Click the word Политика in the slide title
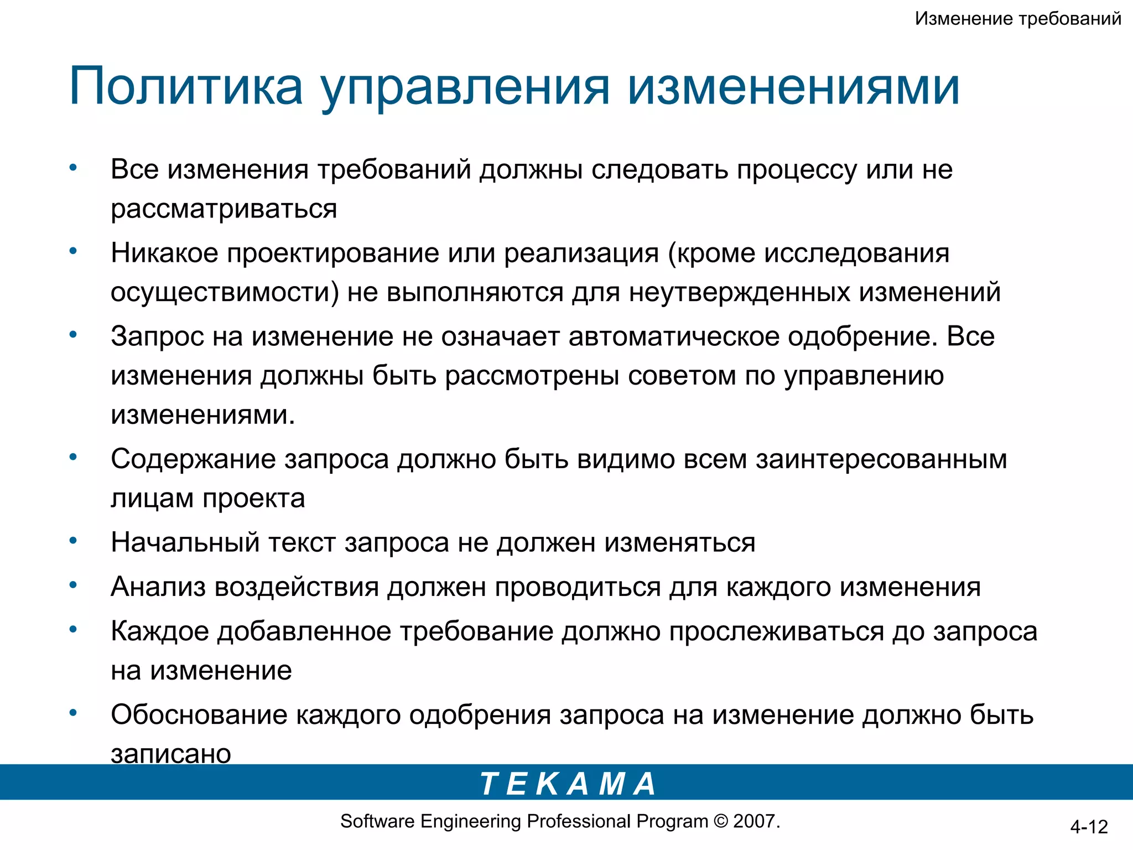click(x=186, y=87)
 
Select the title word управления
click(x=465, y=89)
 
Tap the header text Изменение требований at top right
click(x=1018, y=19)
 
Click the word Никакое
click(x=164, y=253)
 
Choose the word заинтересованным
click(x=881, y=459)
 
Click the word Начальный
click(x=185, y=543)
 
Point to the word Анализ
click(x=158, y=587)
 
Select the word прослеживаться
click(x=776, y=631)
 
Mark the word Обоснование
click(x=199, y=715)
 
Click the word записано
click(x=170, y=754)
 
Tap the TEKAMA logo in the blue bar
click(x=568, y=784)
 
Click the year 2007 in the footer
click(x=755, y=821)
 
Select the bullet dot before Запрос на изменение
click(x=73, y=334)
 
